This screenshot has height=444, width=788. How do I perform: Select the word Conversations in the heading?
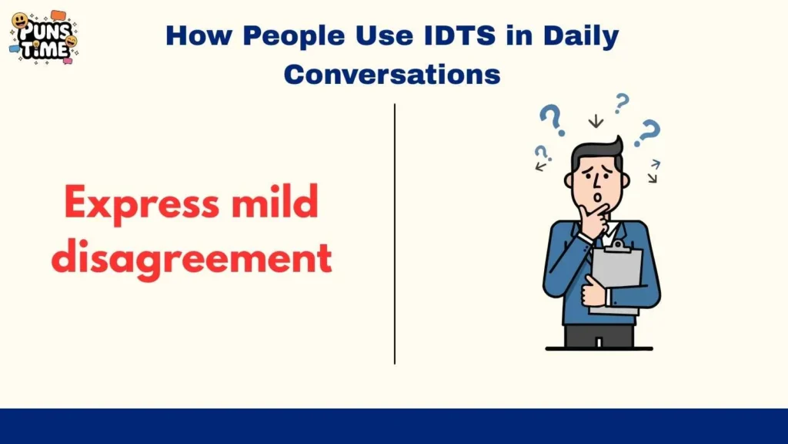pos(392,74)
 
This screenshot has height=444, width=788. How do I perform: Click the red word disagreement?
pos(192,258)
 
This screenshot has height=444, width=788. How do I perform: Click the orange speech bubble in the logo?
pos(58,15)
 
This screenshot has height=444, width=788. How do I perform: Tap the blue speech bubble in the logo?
pos(14,48)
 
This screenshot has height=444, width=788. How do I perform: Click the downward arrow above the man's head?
pos(595,121)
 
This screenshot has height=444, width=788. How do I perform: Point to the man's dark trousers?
pos(599,336)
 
